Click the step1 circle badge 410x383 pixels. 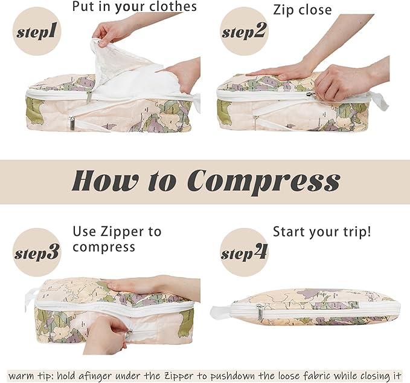[x=36, y=31]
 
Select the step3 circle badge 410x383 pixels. [x=36, y=252]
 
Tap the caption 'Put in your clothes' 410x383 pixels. [x=134, y=7]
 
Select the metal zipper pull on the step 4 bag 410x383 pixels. [x=260, y=312]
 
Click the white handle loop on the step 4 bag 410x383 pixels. [x=220, y=313]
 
